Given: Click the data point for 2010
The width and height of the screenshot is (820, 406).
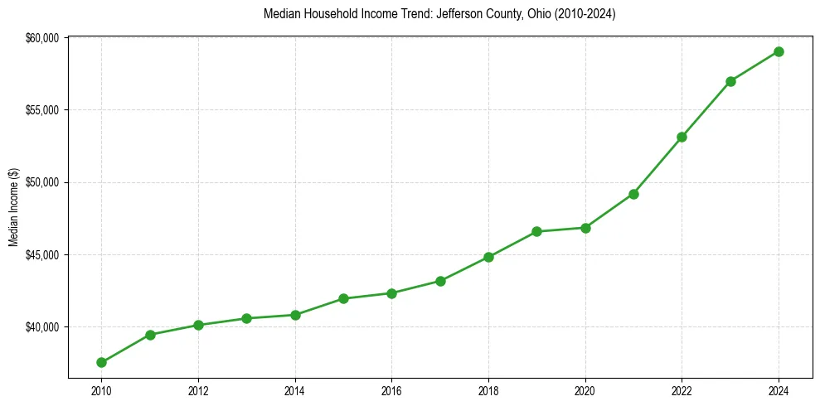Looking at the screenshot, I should click(101, 362).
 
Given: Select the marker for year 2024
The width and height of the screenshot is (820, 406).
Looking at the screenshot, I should click(779, 51).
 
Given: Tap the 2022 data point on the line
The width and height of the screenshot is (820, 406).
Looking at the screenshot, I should click(682, 137).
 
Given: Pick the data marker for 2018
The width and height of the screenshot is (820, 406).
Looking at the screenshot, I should click(488, 257).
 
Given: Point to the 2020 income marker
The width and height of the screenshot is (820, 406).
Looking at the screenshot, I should click(585, 228).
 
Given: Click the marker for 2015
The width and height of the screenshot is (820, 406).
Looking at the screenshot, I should click(343, 298).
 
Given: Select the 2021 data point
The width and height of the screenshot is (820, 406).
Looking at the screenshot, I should click(633, 194).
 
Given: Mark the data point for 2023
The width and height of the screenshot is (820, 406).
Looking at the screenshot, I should click(730, 81).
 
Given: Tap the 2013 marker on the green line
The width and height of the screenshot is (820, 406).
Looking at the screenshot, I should click(246, 318).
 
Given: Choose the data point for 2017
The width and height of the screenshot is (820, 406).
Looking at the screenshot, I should click(440, 281).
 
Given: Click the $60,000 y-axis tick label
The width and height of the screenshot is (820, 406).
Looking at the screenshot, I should click(42, 38).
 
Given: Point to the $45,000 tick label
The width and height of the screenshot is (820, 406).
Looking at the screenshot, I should click(42, 255).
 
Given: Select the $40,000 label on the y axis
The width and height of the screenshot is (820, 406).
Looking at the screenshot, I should click(42, 327).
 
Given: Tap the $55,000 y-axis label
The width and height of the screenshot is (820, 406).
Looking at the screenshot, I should click(42, 110).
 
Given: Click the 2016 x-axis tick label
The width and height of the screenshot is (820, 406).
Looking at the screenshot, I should click(391, 389).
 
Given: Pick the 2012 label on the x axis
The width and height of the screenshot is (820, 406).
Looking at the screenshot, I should click(198, 389).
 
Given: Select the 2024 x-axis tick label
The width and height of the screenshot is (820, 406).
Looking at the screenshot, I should click(779, 389).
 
